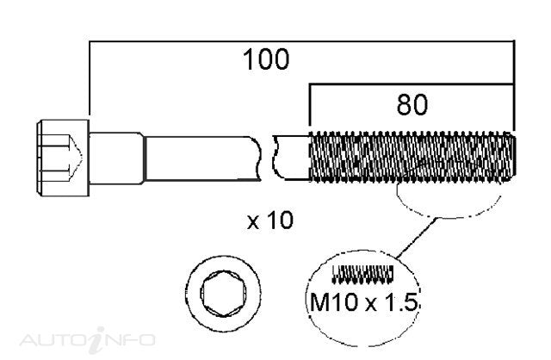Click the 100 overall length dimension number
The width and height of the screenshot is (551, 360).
coord(266,59)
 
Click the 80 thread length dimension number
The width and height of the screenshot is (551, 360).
coord(412,104)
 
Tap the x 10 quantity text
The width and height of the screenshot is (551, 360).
coord(269,220)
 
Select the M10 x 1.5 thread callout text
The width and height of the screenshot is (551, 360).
coord(364,302)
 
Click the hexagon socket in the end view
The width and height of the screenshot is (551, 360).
coord(223,294)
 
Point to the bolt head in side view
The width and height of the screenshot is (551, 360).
coord(63,158)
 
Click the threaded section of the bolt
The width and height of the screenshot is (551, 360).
coord(412,157)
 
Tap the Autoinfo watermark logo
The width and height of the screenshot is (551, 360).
coord(87,339)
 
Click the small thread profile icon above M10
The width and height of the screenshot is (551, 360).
coord(362,274)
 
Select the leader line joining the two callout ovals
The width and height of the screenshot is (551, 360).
coord(418,238)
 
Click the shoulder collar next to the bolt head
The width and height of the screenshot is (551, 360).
coord(116,158)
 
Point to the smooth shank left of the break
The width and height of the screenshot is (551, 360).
coord(202,158)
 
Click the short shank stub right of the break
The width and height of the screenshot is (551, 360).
coord(291,158)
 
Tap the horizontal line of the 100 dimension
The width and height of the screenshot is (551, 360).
coord(302,41)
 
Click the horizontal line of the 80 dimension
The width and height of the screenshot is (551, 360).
coord(412,84)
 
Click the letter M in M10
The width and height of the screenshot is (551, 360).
coord(319,302)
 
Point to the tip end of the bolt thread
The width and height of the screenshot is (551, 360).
coord(515,157)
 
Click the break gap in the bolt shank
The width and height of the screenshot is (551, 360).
coord(267,158)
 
